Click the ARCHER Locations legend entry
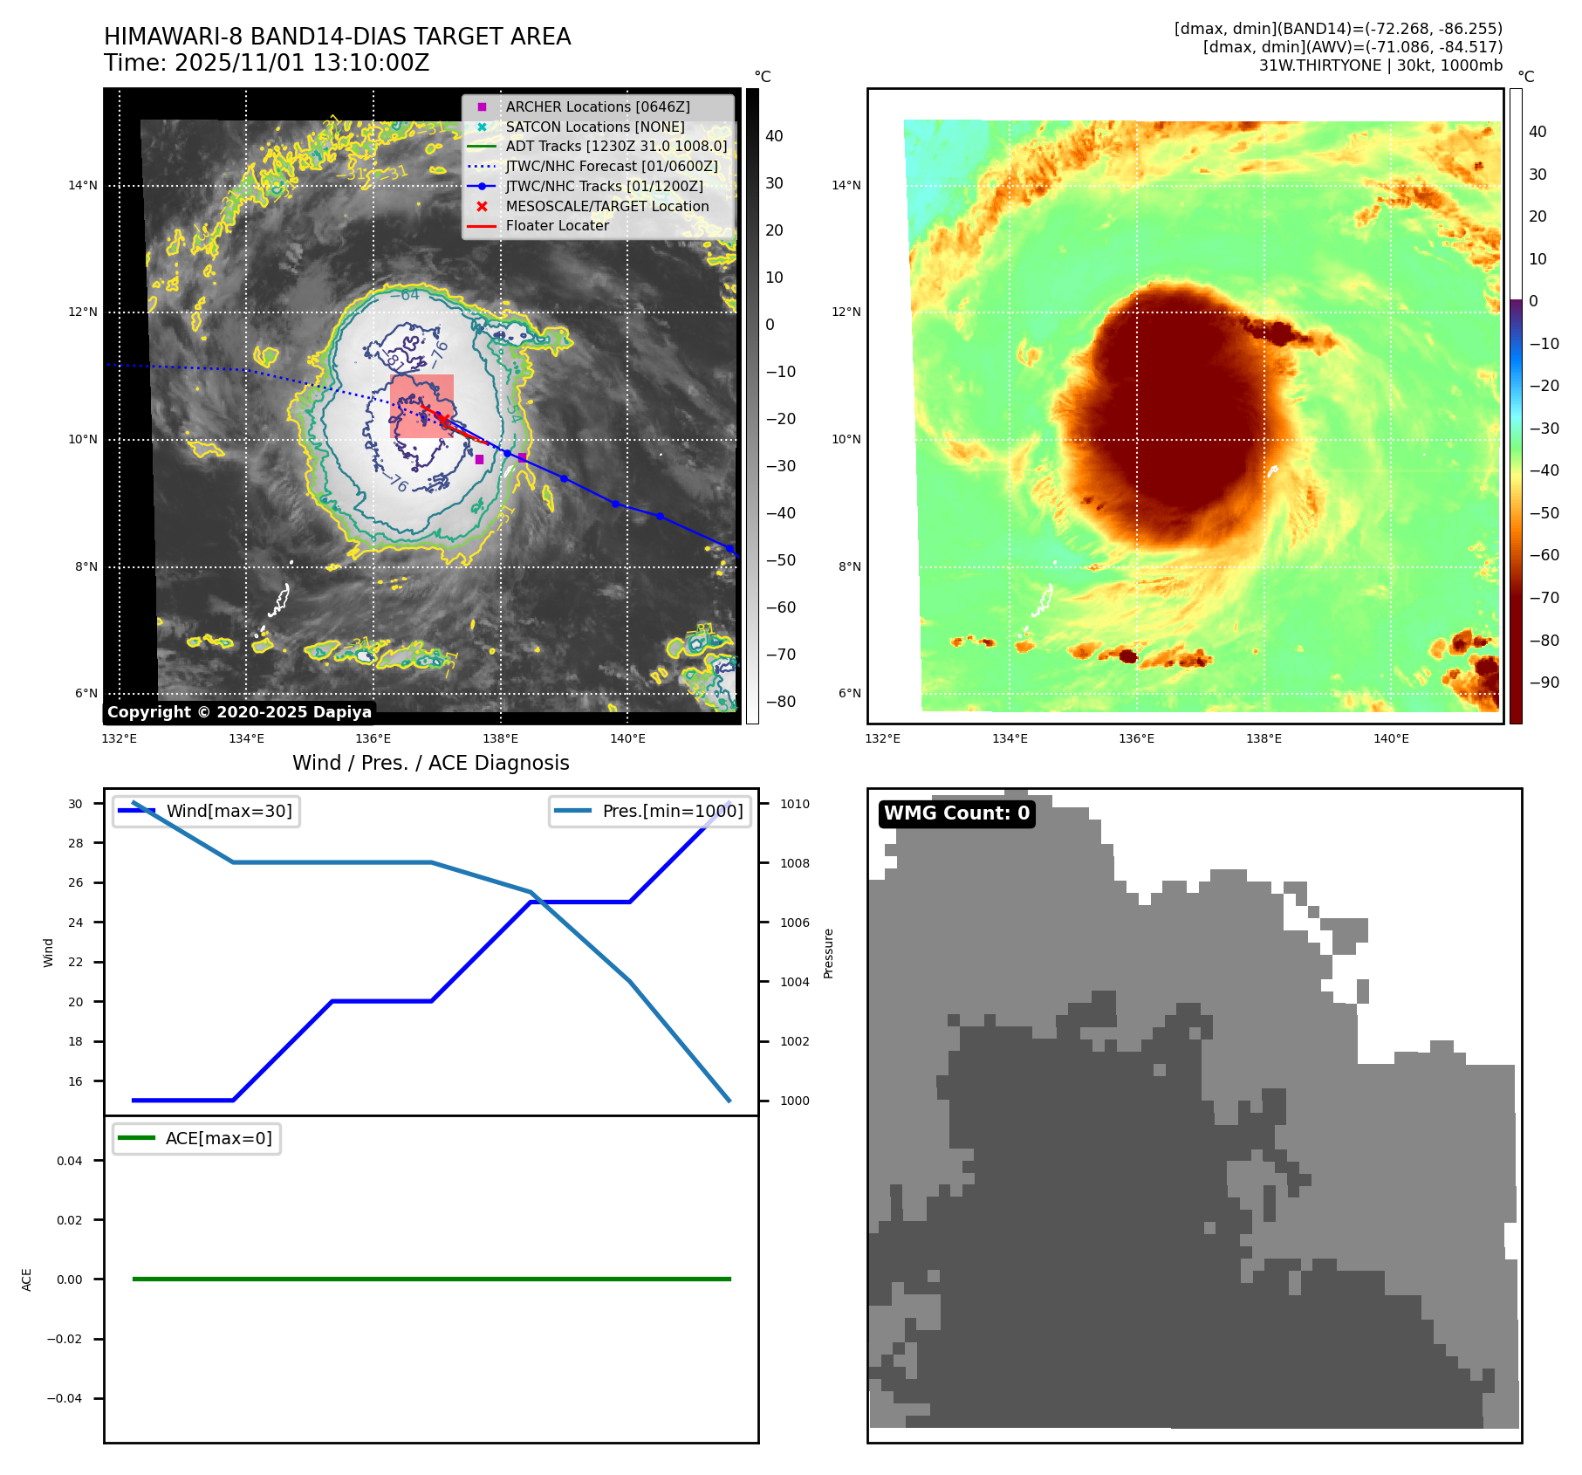pos(597,106)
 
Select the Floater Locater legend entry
pos(557,225)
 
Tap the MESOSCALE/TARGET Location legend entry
pos(606,206)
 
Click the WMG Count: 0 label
pos(956,813)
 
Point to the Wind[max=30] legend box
pos(207,811)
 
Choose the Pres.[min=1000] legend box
pos(650,811)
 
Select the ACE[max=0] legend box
pos(197,1138)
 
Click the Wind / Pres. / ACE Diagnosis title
pos(430,763)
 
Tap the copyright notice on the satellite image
pos(239,712)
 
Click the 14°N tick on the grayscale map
pos(83,185)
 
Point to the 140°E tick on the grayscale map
pos(627,738)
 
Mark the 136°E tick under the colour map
pos(1136,738)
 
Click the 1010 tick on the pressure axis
pos(794,804)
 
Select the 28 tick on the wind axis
pos(76,843)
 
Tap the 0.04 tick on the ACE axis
pos(70,1161)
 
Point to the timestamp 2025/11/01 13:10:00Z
pos(302,63)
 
